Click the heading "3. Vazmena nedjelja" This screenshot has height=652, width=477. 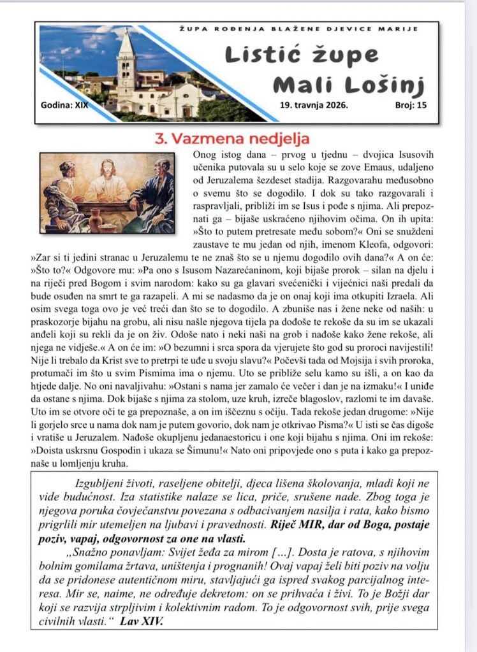pos(232,138)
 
